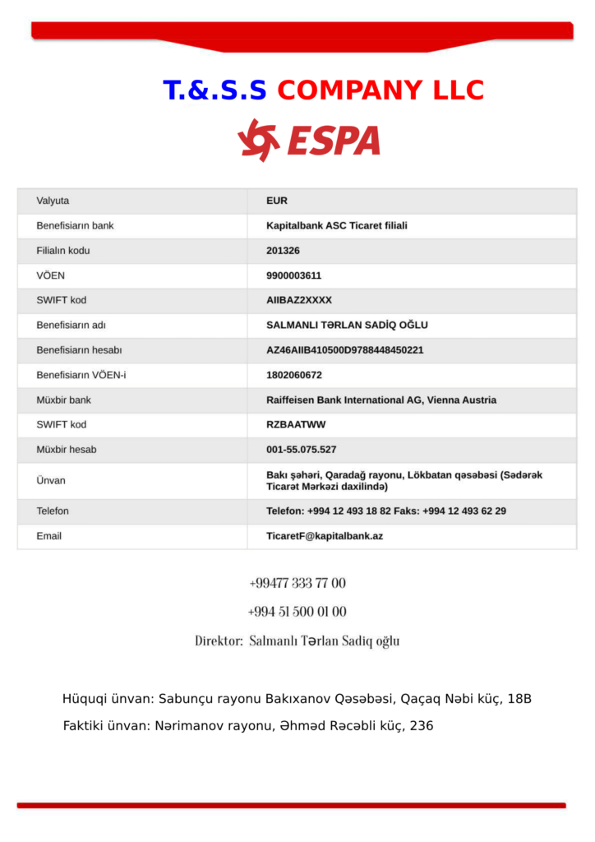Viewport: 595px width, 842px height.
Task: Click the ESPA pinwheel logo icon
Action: [258, 140]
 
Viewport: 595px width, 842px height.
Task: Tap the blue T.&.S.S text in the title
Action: [215, 90]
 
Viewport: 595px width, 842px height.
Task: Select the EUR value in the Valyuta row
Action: [277, 201]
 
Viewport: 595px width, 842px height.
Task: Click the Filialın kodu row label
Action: [63, 251]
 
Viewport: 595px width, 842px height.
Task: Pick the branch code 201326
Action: [283, 251]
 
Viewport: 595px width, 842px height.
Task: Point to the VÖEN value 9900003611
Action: [293, 275]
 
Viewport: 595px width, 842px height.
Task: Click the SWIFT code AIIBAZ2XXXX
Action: [299, 300]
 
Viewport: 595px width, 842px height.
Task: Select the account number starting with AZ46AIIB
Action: [344, 350]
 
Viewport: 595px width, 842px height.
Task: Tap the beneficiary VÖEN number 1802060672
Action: [293, 375]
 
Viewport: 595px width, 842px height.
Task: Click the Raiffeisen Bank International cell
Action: [381, 400]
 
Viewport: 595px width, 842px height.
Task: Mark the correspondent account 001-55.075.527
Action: [301, 450]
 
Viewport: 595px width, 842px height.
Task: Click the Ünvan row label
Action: [51, 480]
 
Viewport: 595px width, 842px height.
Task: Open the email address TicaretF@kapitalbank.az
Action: [325, 536]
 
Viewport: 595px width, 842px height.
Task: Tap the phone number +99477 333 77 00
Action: [297, 583]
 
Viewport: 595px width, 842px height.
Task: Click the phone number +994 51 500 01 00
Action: [297, 612]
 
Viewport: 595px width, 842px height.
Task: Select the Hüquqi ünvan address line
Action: [297, 699]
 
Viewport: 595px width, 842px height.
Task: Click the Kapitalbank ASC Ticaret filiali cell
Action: [337, 225]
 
